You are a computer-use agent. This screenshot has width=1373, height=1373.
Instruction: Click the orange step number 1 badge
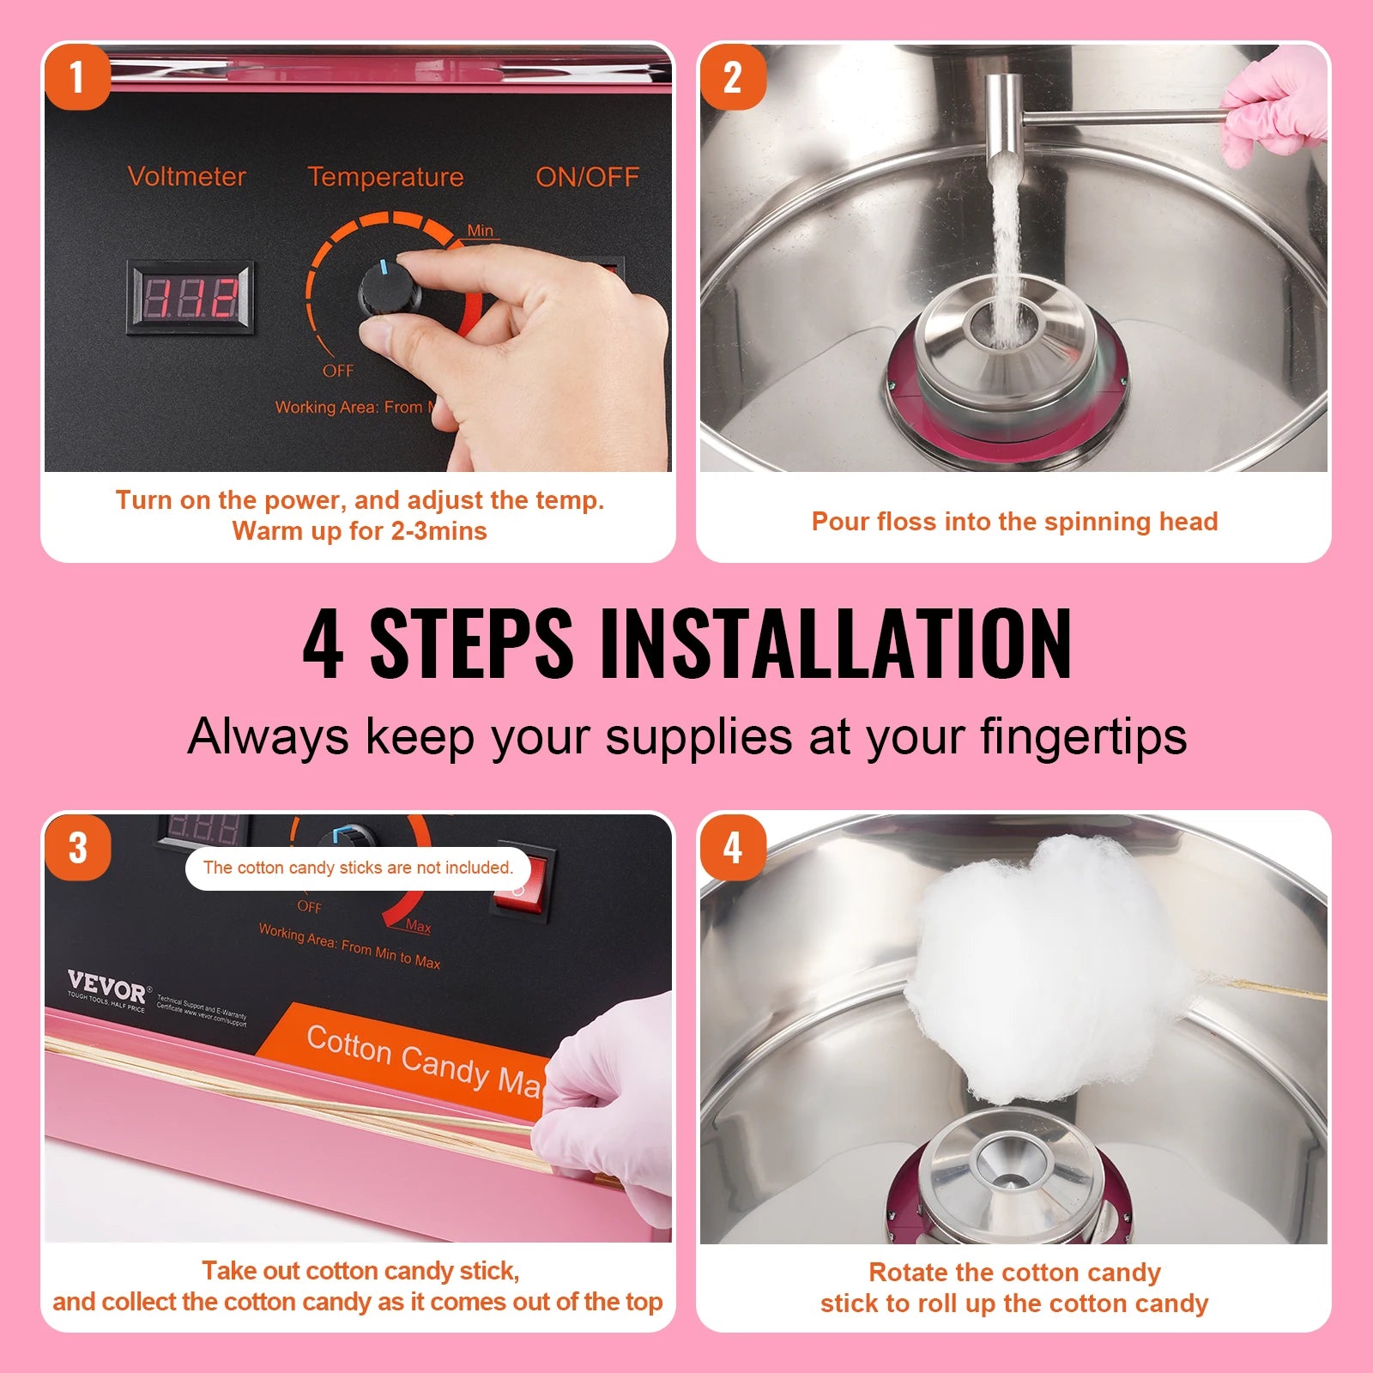pos(77,78)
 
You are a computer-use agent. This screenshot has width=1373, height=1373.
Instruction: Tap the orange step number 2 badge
pos(733,78)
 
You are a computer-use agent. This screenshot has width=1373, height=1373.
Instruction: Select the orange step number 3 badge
pos(77,848)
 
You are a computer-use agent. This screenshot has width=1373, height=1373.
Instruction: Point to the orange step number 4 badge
pos(733,848)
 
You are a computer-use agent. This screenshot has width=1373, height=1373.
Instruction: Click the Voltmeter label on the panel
pos(186,177)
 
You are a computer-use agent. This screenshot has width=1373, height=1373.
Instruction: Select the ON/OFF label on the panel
pos(587,177)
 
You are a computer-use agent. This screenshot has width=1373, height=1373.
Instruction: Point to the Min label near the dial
pos(481,230)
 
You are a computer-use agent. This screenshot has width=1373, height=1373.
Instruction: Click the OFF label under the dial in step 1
pos(337,371)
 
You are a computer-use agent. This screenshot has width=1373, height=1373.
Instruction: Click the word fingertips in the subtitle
pos(1083,736)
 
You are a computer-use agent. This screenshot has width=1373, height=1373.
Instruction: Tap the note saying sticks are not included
pos(358,868)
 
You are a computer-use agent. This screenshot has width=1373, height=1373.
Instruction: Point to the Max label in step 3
pos(418,926)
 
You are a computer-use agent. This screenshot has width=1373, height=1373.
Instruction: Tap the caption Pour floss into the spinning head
pos(1014,522)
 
